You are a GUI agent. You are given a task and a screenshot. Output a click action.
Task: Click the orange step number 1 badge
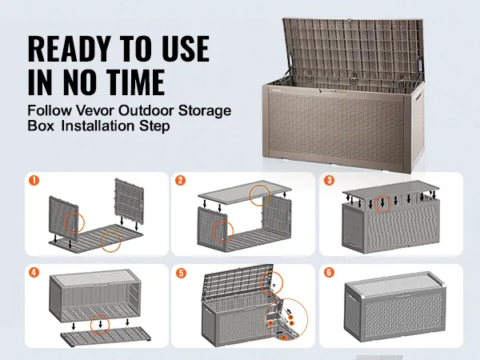34,180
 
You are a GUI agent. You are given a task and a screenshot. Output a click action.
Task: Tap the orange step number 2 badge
181,180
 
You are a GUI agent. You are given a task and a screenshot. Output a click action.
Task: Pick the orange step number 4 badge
34,272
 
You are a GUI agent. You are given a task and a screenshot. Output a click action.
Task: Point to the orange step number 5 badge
181,272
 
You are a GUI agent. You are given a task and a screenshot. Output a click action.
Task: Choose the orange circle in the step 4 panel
100,325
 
